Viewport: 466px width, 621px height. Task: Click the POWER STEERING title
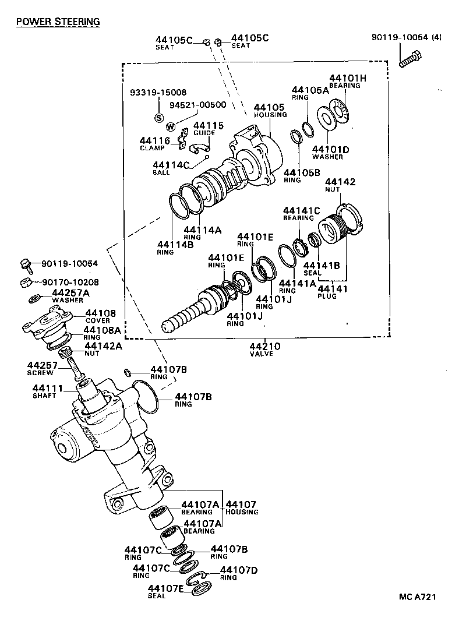(x=58, y=22)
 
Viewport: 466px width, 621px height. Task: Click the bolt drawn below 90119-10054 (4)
(x=410, y=59)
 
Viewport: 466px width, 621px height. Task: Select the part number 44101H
(x=348, y=79)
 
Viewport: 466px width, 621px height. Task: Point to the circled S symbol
(x=158, y=117)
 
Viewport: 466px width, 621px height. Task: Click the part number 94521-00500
(x=197, y=105)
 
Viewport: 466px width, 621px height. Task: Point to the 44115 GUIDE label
(x=208, y=129)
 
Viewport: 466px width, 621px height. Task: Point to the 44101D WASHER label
(x=331, y=153)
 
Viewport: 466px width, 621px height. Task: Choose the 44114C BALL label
(x=171, y=168)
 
